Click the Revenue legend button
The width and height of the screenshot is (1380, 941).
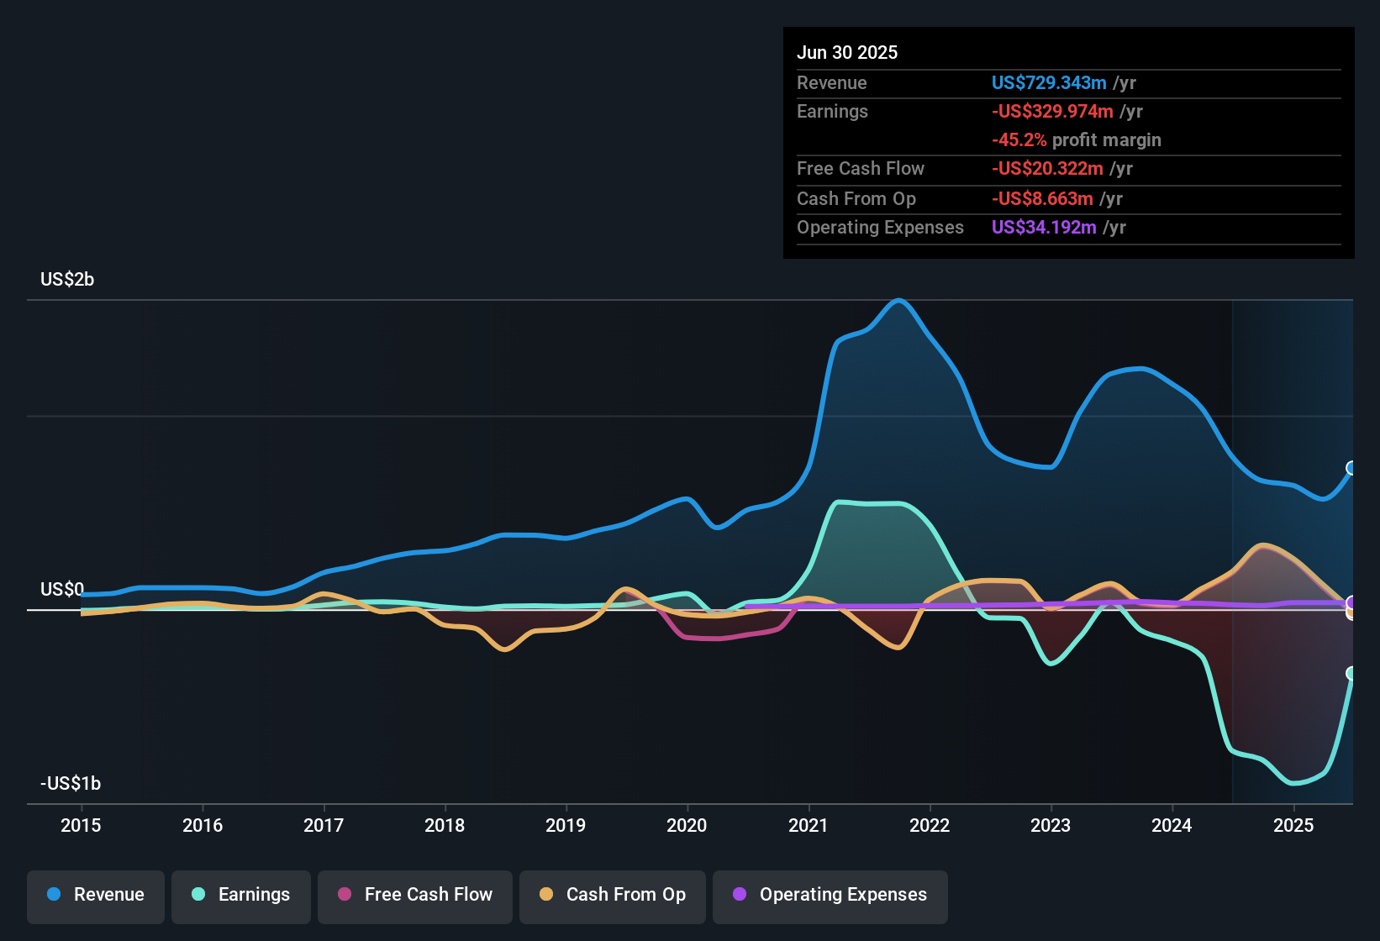click(x=96, y=896)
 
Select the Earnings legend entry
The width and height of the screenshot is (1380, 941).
click(x=241, y=896)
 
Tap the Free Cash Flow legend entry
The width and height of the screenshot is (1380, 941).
click(x=415, y=896)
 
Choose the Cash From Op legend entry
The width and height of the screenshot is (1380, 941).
click(x=613, y=896)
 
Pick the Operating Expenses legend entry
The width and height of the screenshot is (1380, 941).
click(x=830, y=896)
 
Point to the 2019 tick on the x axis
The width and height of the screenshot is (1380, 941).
click(x=566, y=825)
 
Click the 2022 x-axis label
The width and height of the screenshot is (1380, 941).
click(x=930, y=825)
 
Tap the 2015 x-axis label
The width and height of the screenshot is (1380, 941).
click(x=81, y=825)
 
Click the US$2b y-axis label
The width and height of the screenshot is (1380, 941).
click(x=67, y=280)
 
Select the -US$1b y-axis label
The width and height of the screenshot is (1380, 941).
click(x=71, y=784)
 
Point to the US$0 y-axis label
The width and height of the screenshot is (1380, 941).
click(x=62, y=589)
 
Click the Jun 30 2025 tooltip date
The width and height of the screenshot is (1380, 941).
click(x=847, y=53)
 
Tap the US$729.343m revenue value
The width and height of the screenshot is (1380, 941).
click(x=1048, y=83)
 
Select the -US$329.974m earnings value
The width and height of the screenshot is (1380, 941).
click(x=1052, y=112)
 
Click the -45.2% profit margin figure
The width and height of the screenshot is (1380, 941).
click(x=1019, y=140)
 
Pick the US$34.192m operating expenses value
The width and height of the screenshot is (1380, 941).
click(x=1043, y=228)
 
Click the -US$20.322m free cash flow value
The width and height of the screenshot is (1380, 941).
click(x=1047, y=169)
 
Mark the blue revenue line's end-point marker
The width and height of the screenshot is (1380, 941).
click(x=1351, y=468)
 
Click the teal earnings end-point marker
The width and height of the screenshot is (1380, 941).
click(x=1351, y=673)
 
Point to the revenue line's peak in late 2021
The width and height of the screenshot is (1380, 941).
click(x=899, y=301)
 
